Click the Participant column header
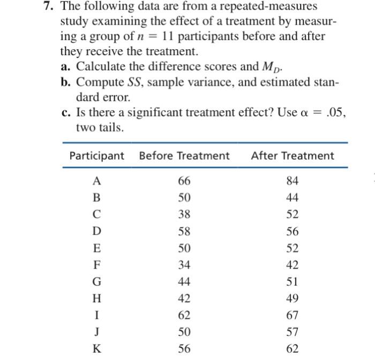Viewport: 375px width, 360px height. click(96, 156)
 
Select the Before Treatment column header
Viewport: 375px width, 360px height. click(184, 156)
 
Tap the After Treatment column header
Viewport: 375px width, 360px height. click(292, 156)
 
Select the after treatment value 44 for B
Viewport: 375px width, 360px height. click(292, 199)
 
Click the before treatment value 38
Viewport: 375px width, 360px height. click(184, 215)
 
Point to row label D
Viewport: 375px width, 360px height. click(96, 232)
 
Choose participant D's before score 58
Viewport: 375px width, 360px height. click(184, 232)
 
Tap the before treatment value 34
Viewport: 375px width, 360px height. click(184, 265)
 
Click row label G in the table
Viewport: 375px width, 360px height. click(96, 282)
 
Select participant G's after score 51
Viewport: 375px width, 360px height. click(292, 282)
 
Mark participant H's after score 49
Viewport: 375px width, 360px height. click(292, 298)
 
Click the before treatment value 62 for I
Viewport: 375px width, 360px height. click(184, 315)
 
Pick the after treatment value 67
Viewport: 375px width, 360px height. click(292, 315)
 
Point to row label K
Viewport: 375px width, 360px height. click(96, 348)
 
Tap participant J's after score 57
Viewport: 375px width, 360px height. click(292, 332)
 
